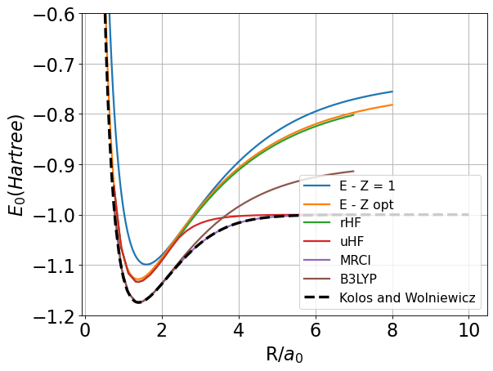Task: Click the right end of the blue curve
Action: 392,92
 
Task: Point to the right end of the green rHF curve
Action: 354,115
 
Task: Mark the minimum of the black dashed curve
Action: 139,302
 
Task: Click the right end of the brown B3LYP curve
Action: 354,171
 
